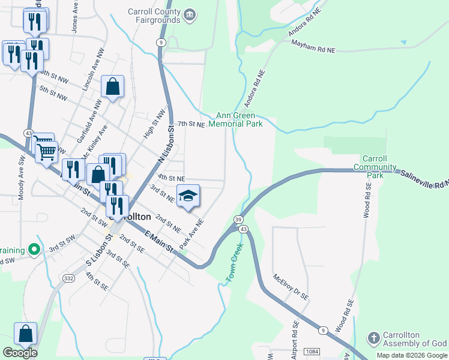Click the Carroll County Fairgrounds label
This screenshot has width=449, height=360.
point(154,16)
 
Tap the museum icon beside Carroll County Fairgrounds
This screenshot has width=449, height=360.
point(190,15)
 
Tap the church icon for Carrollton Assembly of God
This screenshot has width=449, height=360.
point(373,338)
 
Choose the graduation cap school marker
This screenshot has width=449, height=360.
point(188,196)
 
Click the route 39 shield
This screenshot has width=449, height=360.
point(238,220)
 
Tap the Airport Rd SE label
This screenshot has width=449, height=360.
point(295,340)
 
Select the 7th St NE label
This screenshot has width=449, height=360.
point(191,124)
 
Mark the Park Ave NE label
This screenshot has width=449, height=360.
point(191,235)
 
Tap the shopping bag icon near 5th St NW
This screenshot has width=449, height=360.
point(112,87)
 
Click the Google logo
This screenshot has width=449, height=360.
point(20,353)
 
